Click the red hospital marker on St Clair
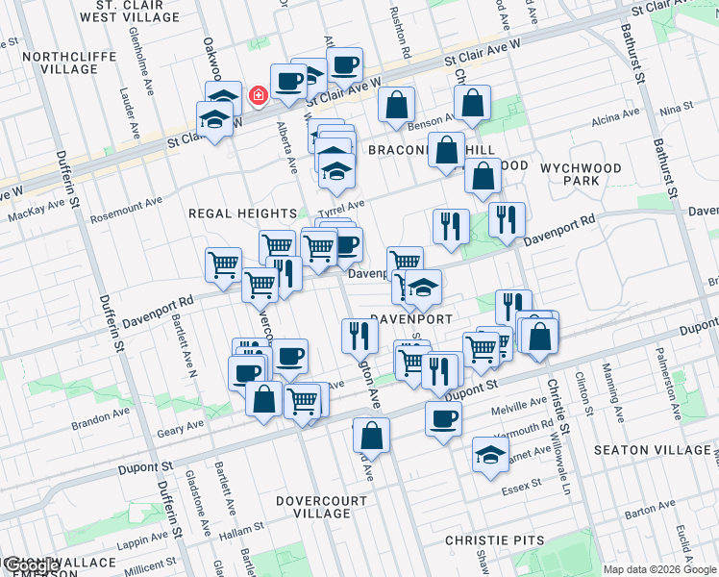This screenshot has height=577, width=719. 258,96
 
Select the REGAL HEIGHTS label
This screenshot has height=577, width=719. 243,213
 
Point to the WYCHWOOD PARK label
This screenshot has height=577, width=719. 582,174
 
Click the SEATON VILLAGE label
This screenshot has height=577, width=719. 652,450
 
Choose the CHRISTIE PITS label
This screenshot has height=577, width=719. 495,540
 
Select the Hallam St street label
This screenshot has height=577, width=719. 240,532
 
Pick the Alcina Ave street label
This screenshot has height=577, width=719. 615,116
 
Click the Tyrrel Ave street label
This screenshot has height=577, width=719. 342,206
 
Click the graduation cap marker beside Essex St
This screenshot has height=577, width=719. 490,454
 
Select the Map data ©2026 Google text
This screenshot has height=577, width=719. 659,569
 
